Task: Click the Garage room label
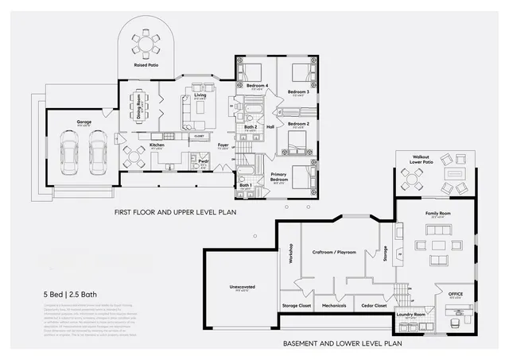click(x=84, y=122)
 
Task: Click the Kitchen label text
click(x=157, y=145)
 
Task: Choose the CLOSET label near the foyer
click(x=199, y=136)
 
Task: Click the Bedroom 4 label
click(x=256, y=85)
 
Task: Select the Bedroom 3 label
click(x=298, y=92)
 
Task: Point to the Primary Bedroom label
click(x=278, y=176)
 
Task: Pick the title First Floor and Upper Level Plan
click(x=175, y=212)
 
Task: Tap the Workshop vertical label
click(x=291, y=254)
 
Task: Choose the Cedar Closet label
click(x=375, y=305)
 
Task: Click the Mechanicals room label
click(x=333, y=305)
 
